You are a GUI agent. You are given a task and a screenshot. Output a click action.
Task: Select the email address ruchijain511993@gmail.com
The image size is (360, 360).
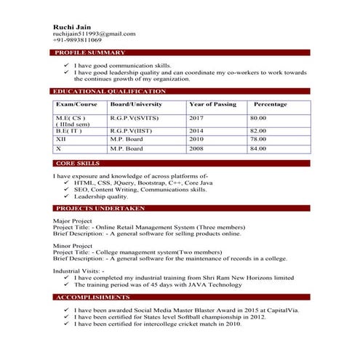click(94, 33)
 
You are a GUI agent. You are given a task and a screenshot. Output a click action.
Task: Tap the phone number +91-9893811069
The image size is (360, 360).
click(77, 41)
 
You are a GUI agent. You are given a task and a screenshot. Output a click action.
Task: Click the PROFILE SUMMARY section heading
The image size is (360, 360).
click(90, 52)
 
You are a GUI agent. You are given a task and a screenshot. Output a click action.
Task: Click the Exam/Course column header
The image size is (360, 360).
click(76, 105)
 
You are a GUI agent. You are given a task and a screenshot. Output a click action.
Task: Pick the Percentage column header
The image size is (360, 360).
click(270, 105)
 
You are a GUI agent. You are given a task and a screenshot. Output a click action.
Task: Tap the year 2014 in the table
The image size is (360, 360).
click(196, 130)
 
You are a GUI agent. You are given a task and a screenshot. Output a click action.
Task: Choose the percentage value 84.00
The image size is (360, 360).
click(258, 148)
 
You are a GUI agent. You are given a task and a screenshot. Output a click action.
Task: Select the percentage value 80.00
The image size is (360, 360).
click(258, 117)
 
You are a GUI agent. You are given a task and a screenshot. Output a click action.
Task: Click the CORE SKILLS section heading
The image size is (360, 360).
click(78, 164)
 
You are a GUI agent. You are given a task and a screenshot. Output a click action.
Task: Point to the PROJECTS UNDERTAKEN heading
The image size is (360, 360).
click(100, 209)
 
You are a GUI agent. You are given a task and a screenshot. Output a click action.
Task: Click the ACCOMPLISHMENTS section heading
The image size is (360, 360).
click(92, 297)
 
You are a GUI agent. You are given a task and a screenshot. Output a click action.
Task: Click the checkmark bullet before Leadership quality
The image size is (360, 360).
click(66, 196)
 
